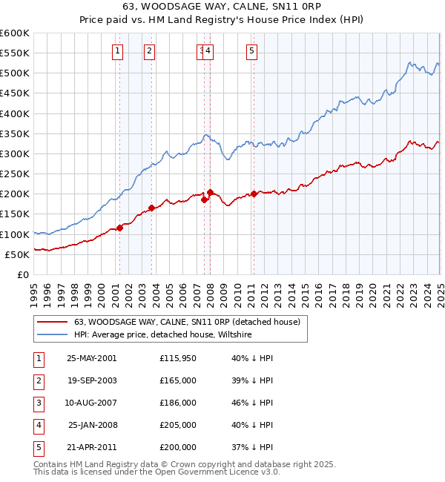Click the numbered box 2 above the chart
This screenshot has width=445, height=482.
(149, 50)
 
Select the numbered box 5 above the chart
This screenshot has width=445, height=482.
(252, 50)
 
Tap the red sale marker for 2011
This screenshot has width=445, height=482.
(254, 194)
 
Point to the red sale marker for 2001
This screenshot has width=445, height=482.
(119, 228)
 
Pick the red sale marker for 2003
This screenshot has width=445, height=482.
(151, 208)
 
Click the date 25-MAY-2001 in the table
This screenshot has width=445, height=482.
(92, 358)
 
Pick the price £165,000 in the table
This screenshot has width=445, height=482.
(178, 380)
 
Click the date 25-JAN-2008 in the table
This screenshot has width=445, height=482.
(92, 425)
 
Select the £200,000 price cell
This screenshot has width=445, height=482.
(178, 447)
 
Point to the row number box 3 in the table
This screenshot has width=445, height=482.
(38, 403)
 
